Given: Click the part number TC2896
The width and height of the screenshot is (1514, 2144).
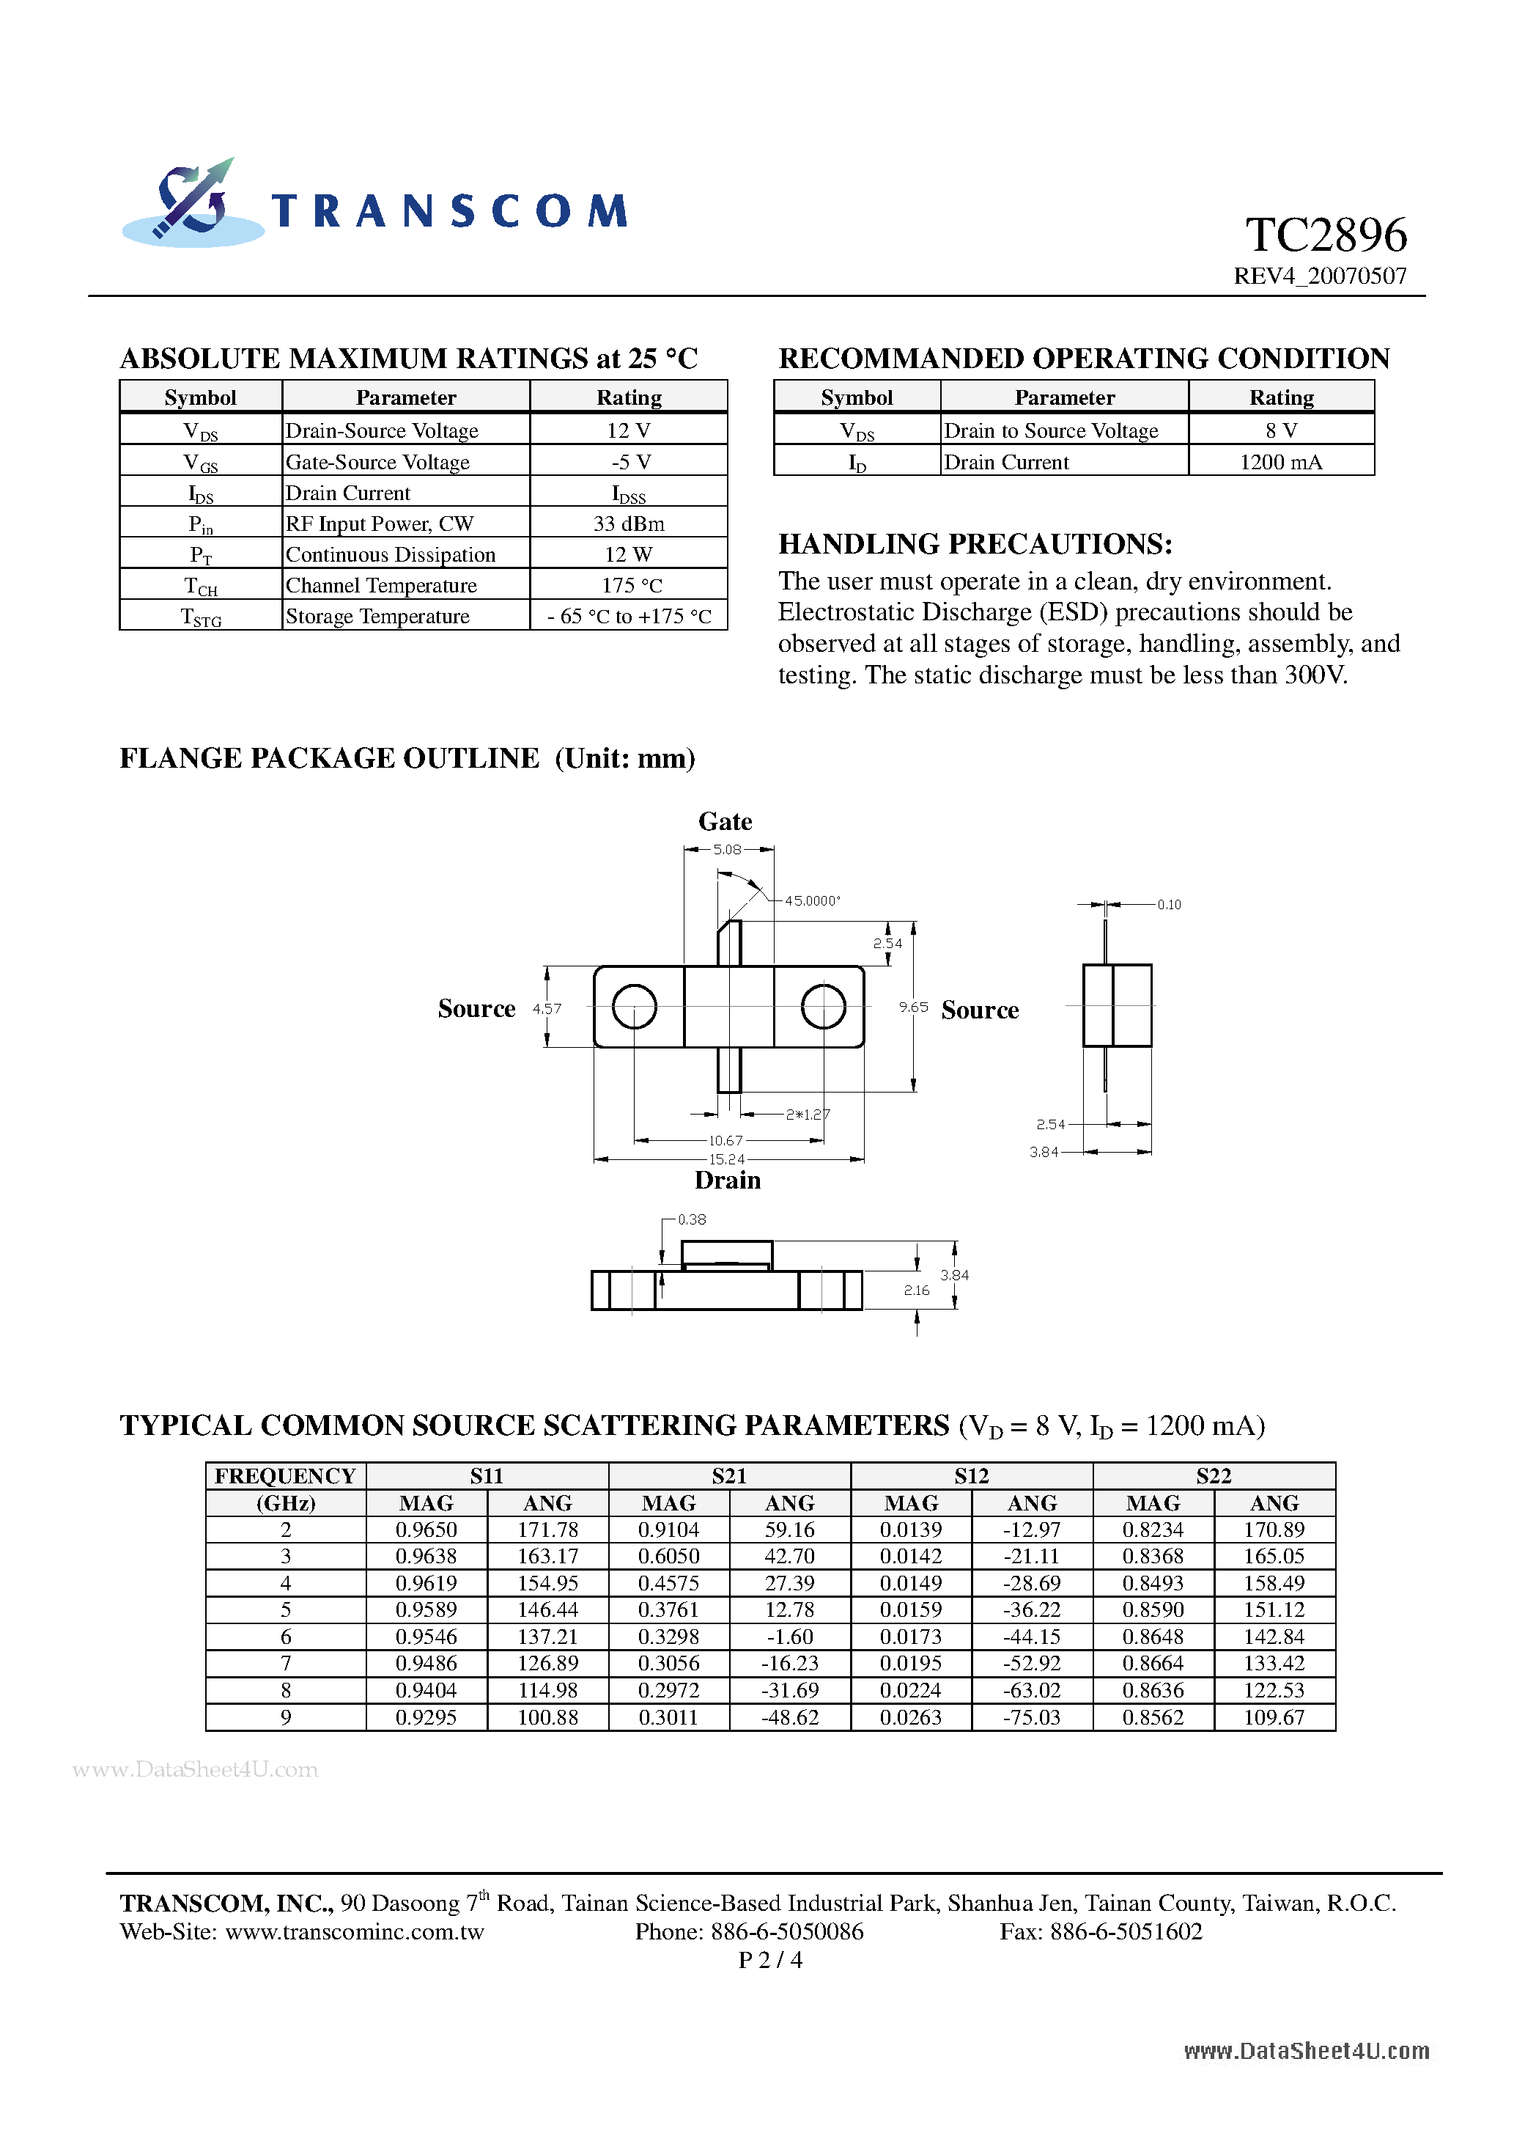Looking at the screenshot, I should pyautogui.click(x=1326, y=235).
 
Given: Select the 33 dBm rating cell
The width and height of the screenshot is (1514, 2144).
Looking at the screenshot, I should pyautogui.click(x=628, y=524).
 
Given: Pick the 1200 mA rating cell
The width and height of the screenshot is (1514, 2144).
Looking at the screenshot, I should pyautogui.click(x=1281, y=462).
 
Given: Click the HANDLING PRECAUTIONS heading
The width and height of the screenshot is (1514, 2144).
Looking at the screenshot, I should pyautogui.click(x=975, y=544).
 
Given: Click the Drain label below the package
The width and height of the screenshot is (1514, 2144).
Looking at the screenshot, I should pyautogui.click(x=727, y=1181).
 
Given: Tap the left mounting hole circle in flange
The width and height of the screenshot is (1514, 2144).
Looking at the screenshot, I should pyautogui.click(x=635, y=1007).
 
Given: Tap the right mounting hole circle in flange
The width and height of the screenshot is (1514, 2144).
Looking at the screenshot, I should pyautogui.click(x=823, y=1007).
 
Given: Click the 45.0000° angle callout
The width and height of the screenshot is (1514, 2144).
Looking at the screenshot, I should pyautogui.click(x=812, y=901).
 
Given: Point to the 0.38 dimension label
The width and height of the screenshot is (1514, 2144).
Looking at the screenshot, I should pyautogui.click(x=692, y=1219).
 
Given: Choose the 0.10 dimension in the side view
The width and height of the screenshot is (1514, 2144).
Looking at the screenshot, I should pyautogui.click(x=1169, y=905).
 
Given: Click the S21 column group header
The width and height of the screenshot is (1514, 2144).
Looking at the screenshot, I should pyautogui.click(x=729, y=1476).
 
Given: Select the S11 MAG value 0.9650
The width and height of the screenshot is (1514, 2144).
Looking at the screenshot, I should pyautogui.click(x=426, y=1530).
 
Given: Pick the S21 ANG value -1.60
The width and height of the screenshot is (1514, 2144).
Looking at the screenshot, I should pyautogui.click(x=790, y=1637).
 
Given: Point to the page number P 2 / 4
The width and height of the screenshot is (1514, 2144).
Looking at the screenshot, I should pyautogui.click(x=770, y=1959).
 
